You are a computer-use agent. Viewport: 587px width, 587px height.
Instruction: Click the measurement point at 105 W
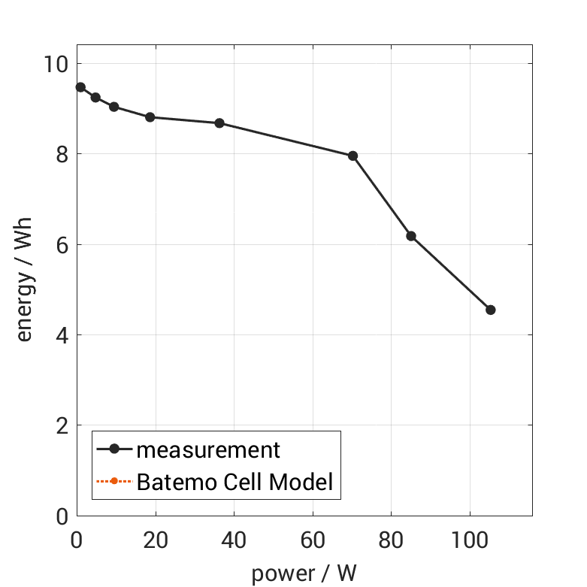[x=491, y=310]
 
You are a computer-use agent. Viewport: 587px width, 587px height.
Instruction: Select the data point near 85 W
[x=411, y=236]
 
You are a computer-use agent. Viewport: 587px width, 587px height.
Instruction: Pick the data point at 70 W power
[x=353, y=156]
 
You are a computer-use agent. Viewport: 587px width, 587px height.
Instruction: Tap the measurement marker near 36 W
[x=219, y=123]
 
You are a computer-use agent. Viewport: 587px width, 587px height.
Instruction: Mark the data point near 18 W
[x=150, y=117]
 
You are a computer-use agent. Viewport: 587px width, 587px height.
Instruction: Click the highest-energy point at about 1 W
[x=80, y=87]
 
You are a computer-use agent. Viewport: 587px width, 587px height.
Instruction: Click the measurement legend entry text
[x=207, y=450]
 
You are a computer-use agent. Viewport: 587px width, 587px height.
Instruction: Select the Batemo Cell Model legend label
[x=234, y=482]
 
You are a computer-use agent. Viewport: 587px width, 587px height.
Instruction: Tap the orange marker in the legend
[x=114, y=481]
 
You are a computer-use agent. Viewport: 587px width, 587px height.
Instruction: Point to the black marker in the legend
[x=114, y=449]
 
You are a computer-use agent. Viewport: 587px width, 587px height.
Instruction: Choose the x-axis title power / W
[x=304, y=573]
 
